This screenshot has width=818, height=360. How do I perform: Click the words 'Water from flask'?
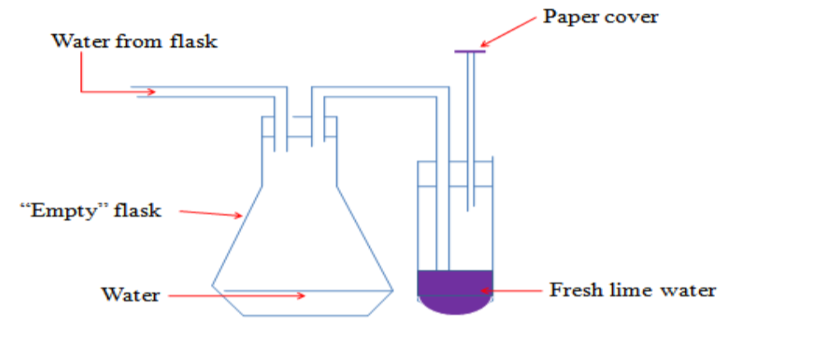point(134,40)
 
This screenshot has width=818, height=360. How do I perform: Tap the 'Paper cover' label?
point(601,16)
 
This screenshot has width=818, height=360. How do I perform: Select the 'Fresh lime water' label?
point(633,290)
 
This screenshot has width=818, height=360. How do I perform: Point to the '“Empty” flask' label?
point(91,211)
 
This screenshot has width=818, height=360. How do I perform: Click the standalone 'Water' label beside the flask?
point(130,294)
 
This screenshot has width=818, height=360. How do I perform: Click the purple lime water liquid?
point(455,292)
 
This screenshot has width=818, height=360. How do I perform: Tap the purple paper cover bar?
point(470,52)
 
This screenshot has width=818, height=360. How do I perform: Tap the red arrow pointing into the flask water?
point(239,294)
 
